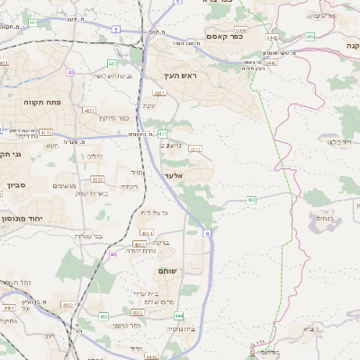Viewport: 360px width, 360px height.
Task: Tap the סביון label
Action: coord(16,184)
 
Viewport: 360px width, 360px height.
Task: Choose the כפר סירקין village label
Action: coord(113,118)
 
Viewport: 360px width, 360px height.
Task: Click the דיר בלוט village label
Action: coord(344,141)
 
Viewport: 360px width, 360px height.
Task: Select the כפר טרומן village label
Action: coord(125,325)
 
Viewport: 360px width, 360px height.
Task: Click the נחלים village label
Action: coord(94,155)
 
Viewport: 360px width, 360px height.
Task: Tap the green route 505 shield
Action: coord(310,37)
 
